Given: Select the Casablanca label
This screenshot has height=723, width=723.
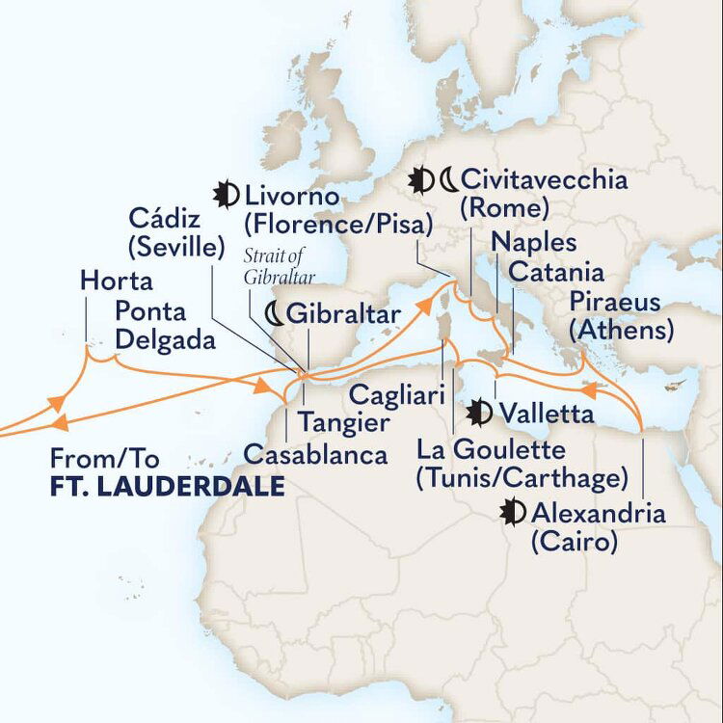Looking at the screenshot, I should tap(315, 454).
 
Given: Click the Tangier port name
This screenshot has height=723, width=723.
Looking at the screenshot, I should tap(344, 421).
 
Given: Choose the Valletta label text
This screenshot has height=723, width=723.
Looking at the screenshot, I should tap(546, 414).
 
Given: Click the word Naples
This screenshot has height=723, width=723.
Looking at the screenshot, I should tap(533, 241).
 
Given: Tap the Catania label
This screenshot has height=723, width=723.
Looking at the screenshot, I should tap(556, 272).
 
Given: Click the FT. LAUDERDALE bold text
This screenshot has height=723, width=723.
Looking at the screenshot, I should tap(167, 487).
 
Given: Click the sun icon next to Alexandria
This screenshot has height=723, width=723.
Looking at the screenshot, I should tap(513, 513).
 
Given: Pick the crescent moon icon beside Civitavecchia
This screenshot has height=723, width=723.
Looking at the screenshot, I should tap(447, 179).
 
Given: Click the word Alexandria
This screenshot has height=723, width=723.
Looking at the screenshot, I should tap(598, 513).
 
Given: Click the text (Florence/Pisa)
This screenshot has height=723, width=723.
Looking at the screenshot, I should tap(338, 226).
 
